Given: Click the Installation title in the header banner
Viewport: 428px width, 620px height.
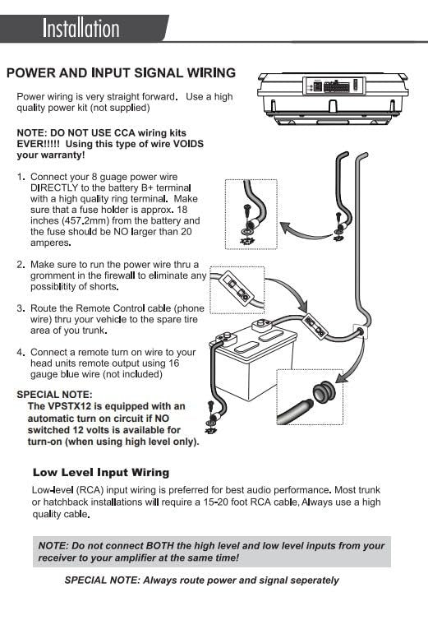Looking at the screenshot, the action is click(x=81, y=28).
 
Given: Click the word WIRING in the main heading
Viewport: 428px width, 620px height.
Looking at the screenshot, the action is click(x=211, y=72).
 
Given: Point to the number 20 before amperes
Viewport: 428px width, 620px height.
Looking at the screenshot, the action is click(x=186, y=231).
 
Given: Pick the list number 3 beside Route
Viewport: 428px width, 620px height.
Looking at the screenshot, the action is click(x=21, y=308).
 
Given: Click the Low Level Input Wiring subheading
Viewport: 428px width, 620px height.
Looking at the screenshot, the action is click(x=101, y=472).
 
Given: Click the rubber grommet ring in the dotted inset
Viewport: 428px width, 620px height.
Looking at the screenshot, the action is click(x=324, y=391).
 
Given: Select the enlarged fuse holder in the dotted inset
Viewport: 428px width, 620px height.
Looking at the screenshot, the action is click(x=236, y=288).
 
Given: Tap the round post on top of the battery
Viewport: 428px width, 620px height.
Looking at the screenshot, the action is click(x=261, y=326).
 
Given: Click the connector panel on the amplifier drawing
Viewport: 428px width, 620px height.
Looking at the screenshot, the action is click(x=333, y=86).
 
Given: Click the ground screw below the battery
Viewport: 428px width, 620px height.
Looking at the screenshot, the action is click(x=211, y=416).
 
